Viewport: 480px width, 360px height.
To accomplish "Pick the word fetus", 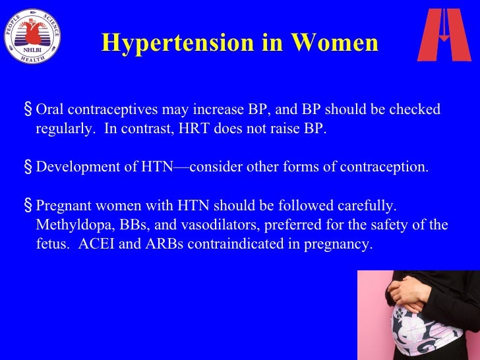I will click(51, 244).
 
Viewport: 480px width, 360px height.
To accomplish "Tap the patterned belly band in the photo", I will click(415, 334).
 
